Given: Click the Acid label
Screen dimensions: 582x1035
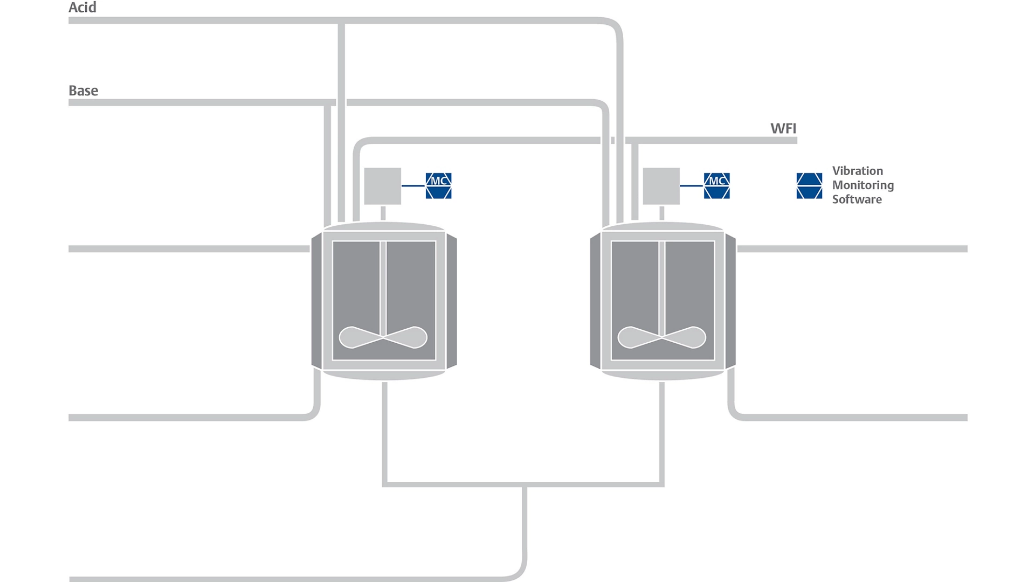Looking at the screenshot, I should (82, 8).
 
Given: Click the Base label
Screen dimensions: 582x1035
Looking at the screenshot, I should (84, 91).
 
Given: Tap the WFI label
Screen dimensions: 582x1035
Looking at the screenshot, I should (783, 128).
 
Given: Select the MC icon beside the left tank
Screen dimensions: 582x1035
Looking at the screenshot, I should (438, 186).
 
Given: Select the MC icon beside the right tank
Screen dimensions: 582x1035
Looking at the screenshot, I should (716, 186).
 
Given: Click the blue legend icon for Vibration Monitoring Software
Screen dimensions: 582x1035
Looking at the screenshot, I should (809, 186).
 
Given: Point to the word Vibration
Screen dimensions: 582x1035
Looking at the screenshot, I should (857, 171).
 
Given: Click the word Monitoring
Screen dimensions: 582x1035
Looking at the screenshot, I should (862, 185).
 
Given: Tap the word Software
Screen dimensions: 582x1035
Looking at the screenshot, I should (857, 199).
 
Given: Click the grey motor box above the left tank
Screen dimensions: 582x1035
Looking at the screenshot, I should (383, 186).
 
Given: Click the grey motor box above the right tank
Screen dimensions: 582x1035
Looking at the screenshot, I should (661, 186).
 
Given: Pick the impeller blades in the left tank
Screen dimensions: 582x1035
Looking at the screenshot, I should (383, 337).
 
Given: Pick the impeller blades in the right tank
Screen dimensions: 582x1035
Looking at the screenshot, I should (661, 337).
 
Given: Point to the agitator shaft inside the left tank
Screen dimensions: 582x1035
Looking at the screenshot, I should (383, 286).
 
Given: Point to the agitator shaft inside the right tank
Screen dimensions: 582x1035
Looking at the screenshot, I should (661, 286).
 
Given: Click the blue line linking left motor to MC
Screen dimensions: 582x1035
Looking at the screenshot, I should (413, 186).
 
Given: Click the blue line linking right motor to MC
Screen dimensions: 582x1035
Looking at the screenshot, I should (692, 186).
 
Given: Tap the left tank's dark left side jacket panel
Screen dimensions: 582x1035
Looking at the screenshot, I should (316, 301).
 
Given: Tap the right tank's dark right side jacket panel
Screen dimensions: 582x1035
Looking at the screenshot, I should (730, 301).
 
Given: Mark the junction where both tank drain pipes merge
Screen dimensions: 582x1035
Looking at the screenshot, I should (523, 485).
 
